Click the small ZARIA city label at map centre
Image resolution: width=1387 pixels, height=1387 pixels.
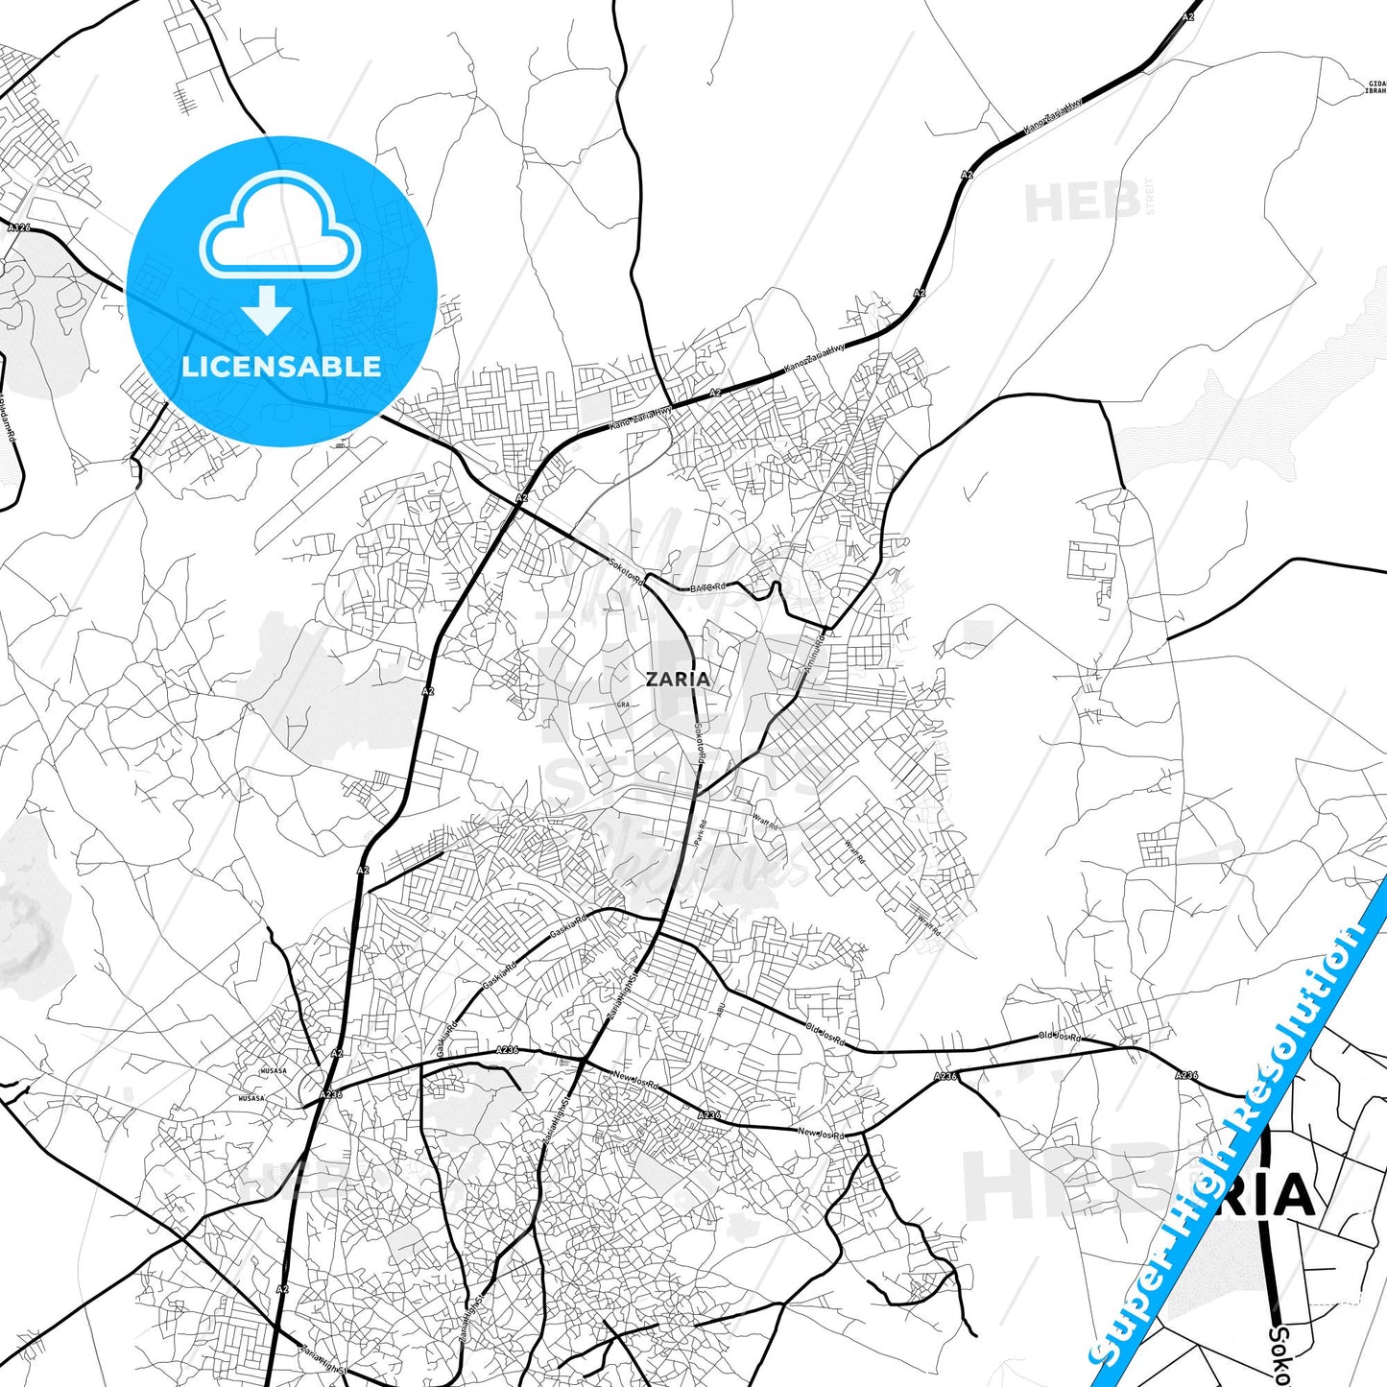[678, 679]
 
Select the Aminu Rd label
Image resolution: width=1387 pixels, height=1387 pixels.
[815, 653]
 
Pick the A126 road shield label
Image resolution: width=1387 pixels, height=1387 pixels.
[19, 228]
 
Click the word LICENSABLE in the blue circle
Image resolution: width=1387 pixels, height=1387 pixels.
[281, 367]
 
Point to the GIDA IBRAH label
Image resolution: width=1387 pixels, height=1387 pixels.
[1375, 87]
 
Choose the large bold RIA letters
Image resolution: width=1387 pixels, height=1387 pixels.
[1267, 1195]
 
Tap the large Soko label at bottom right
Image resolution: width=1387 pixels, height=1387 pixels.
[1279, 1353]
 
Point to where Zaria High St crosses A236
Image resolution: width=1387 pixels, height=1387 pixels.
[583, 1059]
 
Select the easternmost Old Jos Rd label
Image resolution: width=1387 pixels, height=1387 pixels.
[1059, 1037]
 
